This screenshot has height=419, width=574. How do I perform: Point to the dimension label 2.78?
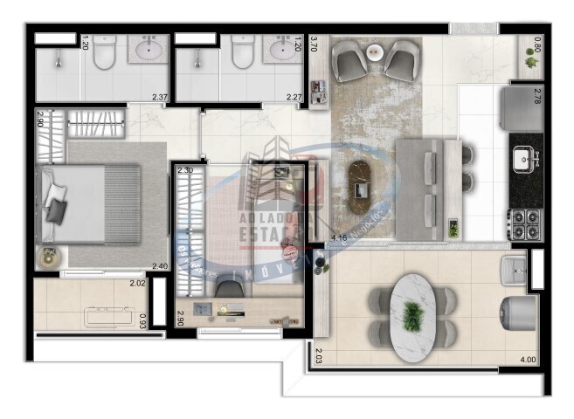(x=538, y=98)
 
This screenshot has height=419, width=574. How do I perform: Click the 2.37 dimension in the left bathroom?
(x=159, y=97)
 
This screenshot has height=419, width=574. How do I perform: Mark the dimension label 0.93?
(x=143, y=322)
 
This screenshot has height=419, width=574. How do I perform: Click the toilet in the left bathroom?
(x=104, y=52)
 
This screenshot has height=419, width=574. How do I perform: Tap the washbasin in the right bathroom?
(x=282, y=51)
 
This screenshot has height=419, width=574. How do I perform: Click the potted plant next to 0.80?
(x=529, y=59)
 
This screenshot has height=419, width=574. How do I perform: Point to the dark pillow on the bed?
(x=56, y=209)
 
